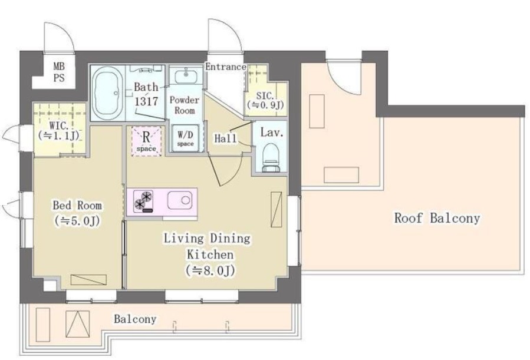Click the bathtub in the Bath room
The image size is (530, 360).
[107, 93]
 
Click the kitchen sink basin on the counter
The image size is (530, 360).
[180, 200]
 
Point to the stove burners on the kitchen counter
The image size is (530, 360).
[143, 201]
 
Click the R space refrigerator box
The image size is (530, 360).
[146, 141]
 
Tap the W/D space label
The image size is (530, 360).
[185, 139]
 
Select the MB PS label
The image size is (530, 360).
[59, 72]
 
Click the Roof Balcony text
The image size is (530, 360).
[437, 218]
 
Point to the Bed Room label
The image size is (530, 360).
[77, 205]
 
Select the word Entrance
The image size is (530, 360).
[226, 67]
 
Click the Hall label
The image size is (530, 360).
[225, 138]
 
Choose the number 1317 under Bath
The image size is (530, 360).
[146, 101]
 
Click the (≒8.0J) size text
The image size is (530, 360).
[210, 270]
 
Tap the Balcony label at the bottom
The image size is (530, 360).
[135, 319]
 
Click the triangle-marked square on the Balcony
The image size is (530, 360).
[78, 324]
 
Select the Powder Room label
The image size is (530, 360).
[185, 105]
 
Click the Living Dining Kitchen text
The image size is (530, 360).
[207, 246]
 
